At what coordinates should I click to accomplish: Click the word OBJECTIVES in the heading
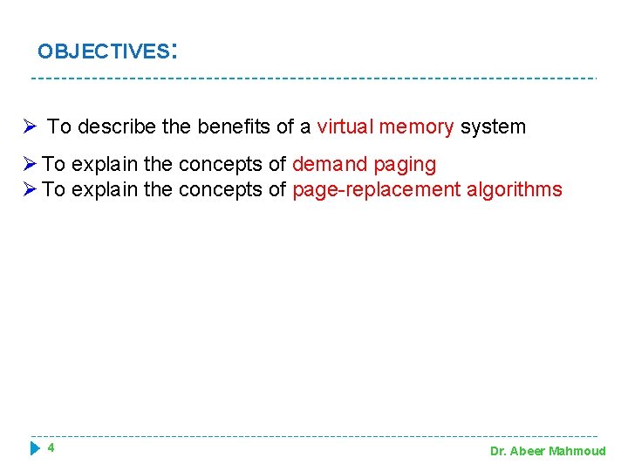(103, 51)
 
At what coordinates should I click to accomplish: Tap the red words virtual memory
(385, 126)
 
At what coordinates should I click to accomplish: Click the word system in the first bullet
(493, 126)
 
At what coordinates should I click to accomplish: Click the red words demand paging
(364, 164)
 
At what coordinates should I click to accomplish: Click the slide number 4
(51, 447)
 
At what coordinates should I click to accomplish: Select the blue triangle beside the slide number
(34, 448)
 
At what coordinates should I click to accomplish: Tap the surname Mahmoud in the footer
(578, 451)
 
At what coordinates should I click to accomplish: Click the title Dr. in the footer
(498, 451)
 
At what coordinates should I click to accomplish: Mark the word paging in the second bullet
(405, 164)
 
